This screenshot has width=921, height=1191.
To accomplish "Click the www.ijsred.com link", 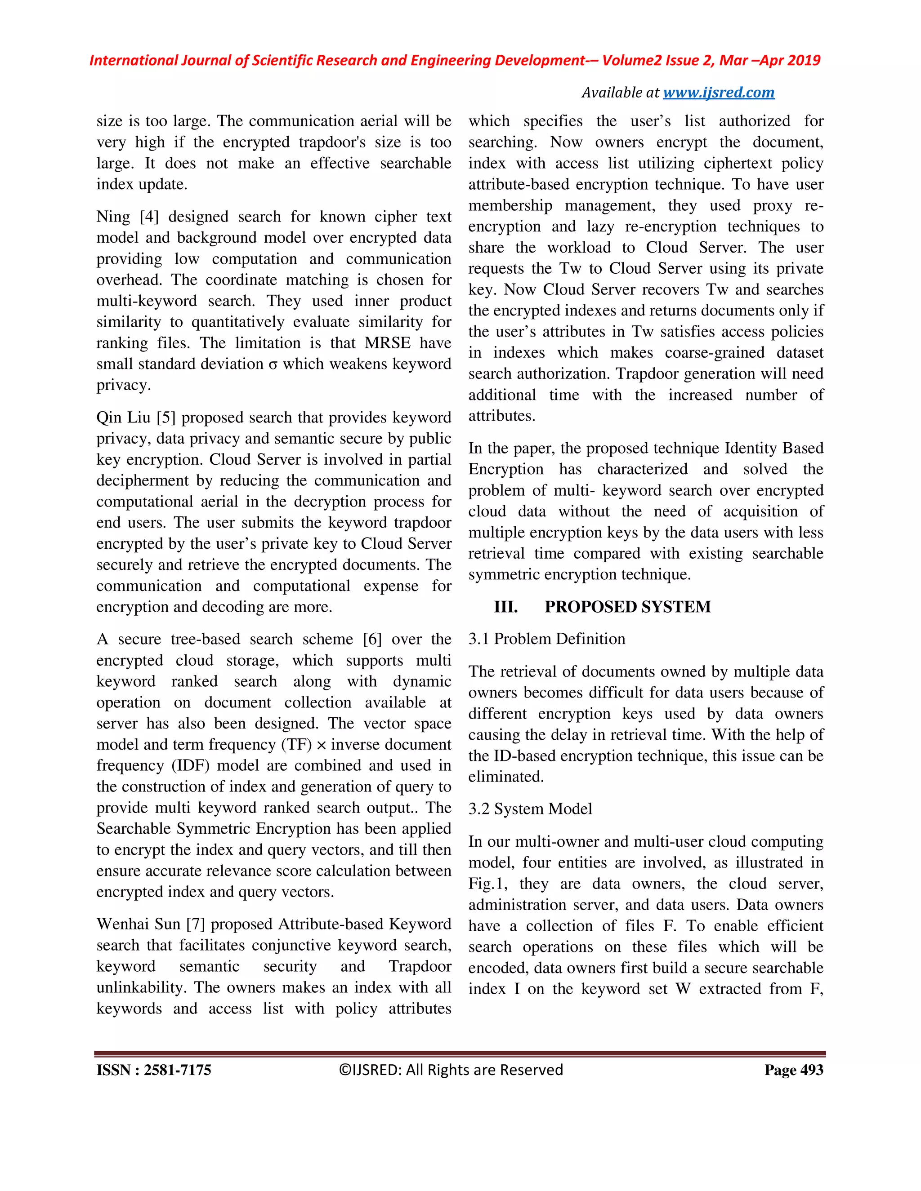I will point(718,93).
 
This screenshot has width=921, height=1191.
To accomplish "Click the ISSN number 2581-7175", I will point(177,1070).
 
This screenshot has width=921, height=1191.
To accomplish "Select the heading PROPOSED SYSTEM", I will point(627,607).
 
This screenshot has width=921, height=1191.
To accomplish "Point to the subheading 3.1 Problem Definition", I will point(547,639).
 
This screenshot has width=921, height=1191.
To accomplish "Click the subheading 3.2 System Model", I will point(530,809).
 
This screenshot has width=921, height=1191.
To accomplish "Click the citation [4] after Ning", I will point(149,217).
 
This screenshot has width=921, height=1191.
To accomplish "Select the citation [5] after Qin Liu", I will point(166,418).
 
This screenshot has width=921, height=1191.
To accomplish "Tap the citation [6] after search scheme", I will point(372,639).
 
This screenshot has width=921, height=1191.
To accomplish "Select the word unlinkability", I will point(143,987).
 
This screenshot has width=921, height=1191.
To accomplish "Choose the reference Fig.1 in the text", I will point(487,884).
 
